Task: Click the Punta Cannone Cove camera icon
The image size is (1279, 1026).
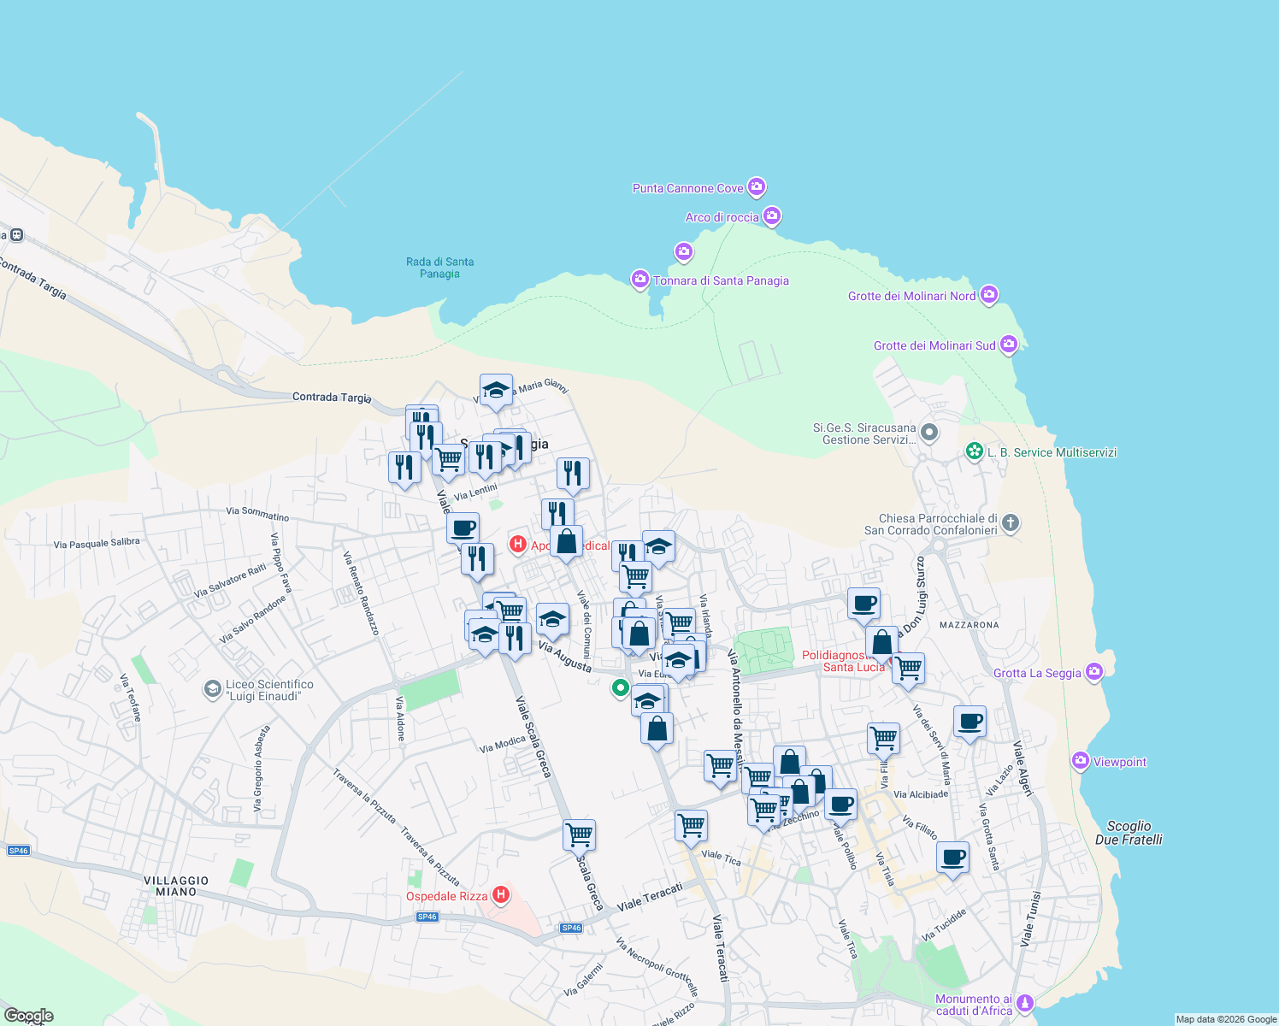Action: point(756,186)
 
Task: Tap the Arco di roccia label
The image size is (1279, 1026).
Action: point(722,217)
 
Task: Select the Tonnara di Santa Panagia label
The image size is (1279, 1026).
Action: point(721,280)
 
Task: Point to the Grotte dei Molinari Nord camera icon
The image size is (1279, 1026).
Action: point(989,295)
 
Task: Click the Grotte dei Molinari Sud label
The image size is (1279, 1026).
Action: point(934,345)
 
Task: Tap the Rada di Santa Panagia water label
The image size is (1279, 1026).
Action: point(439,268)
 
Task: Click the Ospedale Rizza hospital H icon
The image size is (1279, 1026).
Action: point(501,895)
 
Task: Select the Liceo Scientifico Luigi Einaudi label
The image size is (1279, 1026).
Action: point(268,690)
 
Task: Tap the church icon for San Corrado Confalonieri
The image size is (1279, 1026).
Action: point(1011,523)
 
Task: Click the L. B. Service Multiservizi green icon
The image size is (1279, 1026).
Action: point(974,451)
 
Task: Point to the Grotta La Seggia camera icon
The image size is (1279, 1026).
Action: point(1094,672)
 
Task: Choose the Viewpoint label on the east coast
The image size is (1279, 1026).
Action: point(1120,762)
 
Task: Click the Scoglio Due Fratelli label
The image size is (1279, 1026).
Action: point(1129,833)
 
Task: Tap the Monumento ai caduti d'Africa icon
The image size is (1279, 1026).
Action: point(1025,1003)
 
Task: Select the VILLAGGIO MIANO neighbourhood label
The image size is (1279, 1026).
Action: point(176,886)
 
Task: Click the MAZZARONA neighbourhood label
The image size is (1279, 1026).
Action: point(969,625)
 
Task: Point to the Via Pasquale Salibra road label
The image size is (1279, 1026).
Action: point(97,543)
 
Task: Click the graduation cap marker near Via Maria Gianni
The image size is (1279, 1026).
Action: point(496,391)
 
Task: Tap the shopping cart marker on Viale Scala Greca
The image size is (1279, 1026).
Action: point(580,834)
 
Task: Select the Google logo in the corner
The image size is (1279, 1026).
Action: point(29,1016)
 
